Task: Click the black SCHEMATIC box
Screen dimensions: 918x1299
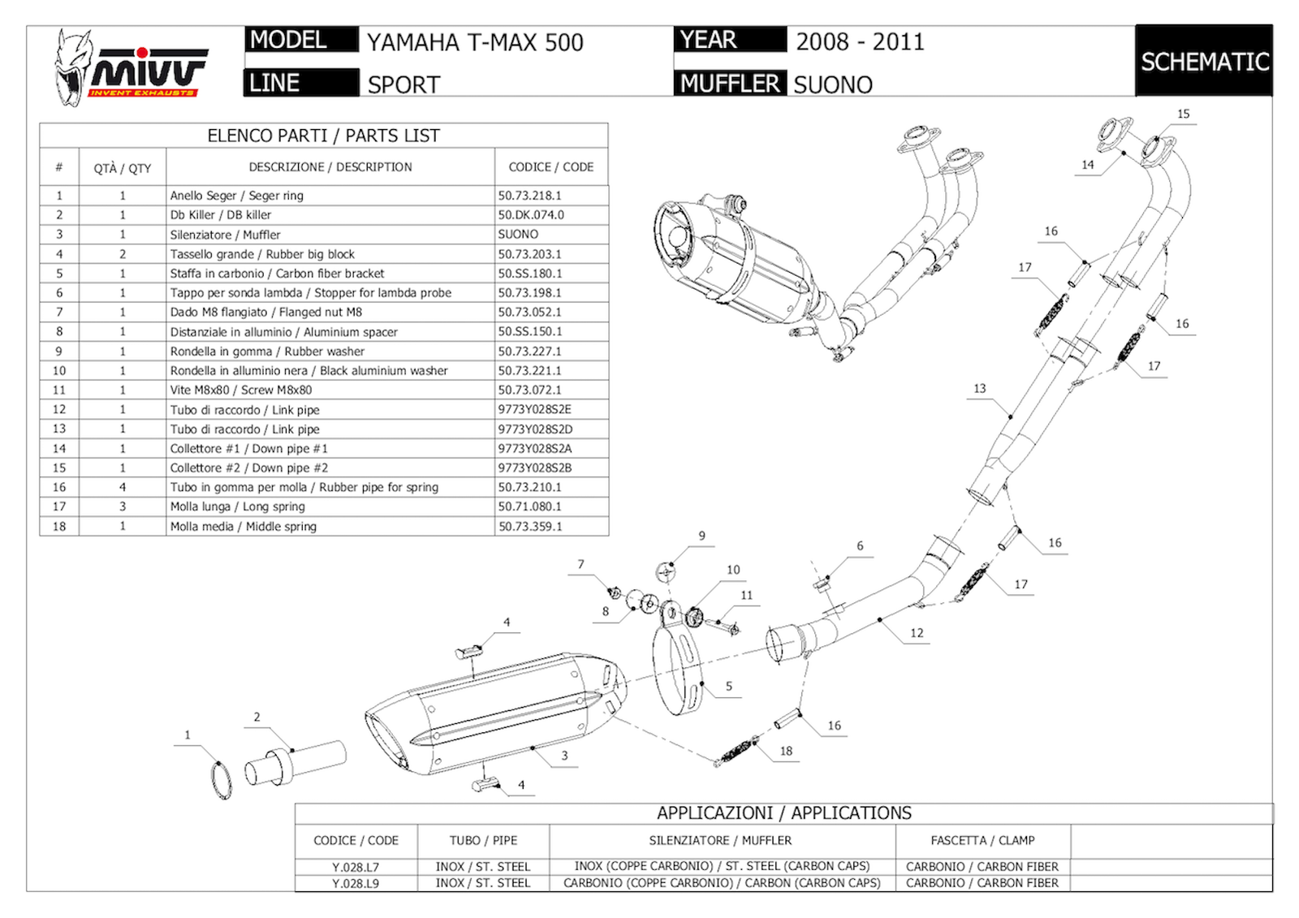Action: point(1203,62)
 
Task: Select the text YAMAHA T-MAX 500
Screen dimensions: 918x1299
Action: point(475,42)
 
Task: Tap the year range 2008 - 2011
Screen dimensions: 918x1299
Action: point(860,41)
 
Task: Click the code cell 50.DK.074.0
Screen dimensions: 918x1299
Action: point(531,215)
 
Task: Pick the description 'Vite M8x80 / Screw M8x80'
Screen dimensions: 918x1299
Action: point(241,390)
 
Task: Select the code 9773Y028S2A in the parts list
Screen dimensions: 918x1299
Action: point(534,448)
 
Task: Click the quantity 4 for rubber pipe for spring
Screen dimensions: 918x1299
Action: point(123,487)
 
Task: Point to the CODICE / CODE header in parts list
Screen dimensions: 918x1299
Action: point(550,167)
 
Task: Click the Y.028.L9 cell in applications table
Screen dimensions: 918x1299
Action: point(356,883)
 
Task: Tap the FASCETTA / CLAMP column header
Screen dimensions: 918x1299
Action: point(982,841)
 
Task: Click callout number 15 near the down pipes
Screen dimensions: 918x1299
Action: point(1183,114)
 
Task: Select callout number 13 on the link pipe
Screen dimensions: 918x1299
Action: point(979,389)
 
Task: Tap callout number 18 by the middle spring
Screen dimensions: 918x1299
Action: point(786,751)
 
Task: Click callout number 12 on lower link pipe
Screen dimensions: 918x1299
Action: point(917,633)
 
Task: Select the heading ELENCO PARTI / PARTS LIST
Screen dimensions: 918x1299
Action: point(323,136)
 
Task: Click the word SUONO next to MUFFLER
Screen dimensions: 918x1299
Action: point(833,84)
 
